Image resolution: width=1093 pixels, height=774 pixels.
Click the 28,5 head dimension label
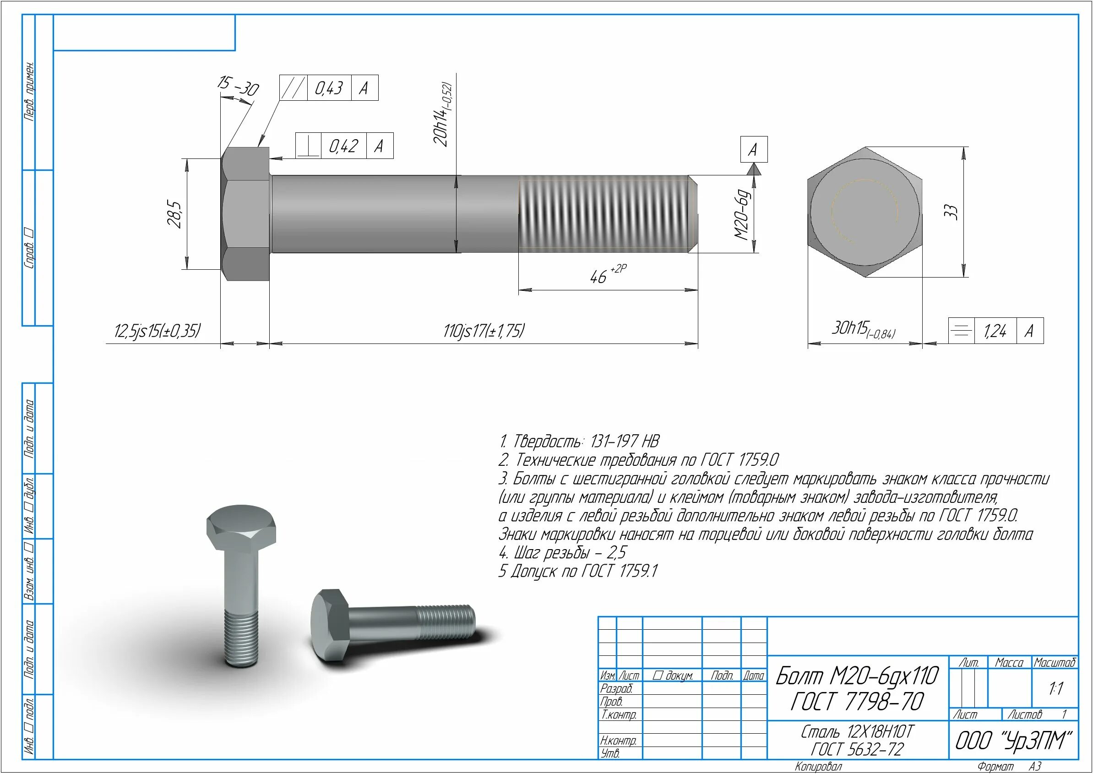click(175, 214)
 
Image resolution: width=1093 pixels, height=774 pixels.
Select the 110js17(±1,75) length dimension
click(484, 330)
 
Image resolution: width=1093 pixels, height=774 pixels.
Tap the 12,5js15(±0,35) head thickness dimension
click(157, 330)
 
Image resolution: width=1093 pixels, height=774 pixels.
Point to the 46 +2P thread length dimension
click(608, 274)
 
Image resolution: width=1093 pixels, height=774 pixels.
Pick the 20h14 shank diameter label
click(442, 114)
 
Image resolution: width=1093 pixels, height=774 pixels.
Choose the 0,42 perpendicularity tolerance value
click(343, 146)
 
